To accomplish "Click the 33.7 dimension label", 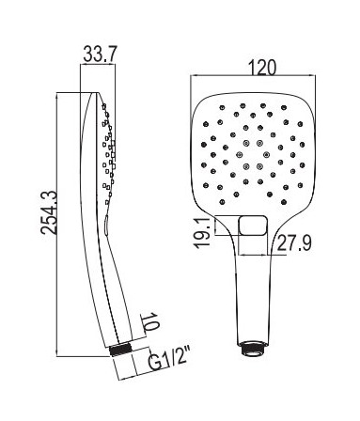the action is tap(100, 54).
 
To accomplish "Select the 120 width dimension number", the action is tap(262, 67).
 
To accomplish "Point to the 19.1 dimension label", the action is tap(203, 234).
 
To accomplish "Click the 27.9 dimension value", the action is tap(294, 242).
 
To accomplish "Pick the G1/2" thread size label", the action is tap(168, 361).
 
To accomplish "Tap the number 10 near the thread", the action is tap(152, 321).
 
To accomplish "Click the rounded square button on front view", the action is tap(253, 226).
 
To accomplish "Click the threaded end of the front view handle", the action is tap(253, 348).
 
